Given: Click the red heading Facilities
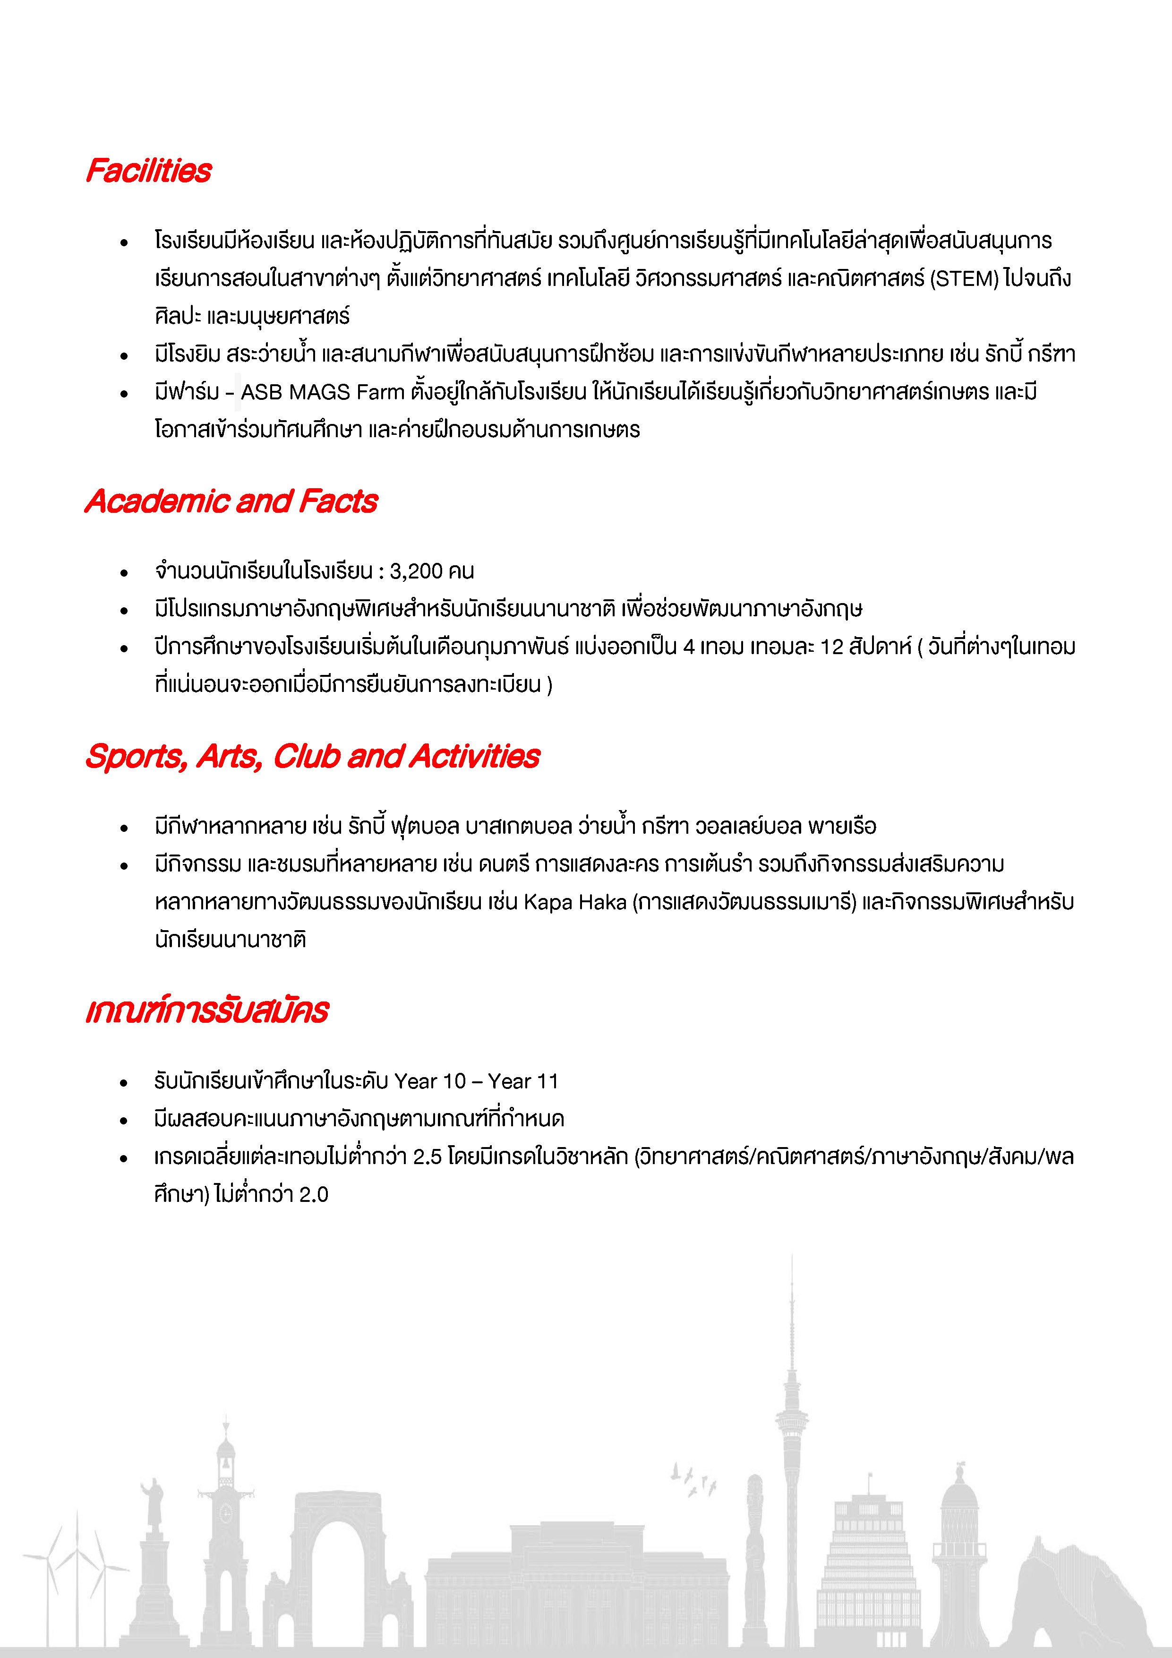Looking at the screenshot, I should [x=149, y=171].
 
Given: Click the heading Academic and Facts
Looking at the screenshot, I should [x=231, y=501].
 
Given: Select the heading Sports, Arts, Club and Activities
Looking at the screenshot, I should [x=312, y=756].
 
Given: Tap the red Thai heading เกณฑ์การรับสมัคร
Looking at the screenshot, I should [x=207, y=1010].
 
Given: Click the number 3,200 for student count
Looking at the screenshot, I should [x=416, y=571].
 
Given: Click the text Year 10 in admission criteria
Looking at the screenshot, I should [x=430, y=1081].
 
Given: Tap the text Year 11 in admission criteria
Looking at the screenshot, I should [x=523, y=1081].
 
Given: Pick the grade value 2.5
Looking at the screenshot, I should [x=427, y=1157].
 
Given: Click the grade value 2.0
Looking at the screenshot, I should [x=314, y=1194].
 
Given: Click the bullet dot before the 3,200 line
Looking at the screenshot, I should [x=124, y=573].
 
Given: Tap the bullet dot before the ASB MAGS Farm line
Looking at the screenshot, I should [x=124, y=394].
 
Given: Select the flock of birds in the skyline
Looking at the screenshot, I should [x=693, y=1480].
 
